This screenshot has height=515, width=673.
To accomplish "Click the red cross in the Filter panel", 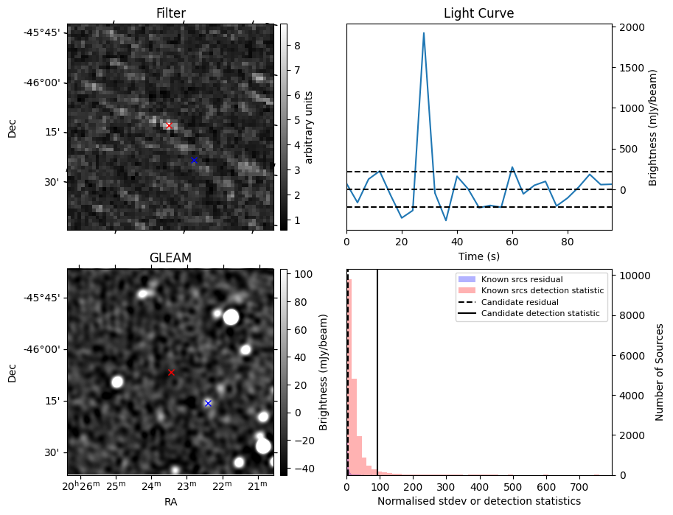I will pyautogui.click(x=169, y=126).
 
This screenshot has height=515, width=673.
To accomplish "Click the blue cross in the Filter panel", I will pyautogui.click(x=194, y=160).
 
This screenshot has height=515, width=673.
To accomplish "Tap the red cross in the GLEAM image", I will pyautogui.click(x=171, y=372).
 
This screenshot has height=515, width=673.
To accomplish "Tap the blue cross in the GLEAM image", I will pyautogui.click(x=208, y=403).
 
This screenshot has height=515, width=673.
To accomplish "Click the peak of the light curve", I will pyautogui.click(x=424, y=33).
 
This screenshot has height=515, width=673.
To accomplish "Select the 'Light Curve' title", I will pyautogui.click(x=478, y=13).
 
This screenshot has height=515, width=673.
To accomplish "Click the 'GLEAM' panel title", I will pyautogui.click(x=170, y=258).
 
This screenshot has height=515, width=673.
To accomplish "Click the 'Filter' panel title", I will pyautogui.click(x=170, y=13).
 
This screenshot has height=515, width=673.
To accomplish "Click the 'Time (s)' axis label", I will pyautogui.click(x=478, y=256).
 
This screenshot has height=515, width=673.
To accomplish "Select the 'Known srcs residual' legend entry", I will pyautogui.click(x=522, y=279).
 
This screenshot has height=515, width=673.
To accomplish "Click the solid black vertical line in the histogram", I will pyautogui.click(x=377, y=368).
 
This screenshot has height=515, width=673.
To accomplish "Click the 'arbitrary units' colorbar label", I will pyautogui.click(x=310, y=127).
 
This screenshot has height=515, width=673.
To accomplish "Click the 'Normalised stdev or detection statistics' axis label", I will pyautogui.click(x=478, y=501).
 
